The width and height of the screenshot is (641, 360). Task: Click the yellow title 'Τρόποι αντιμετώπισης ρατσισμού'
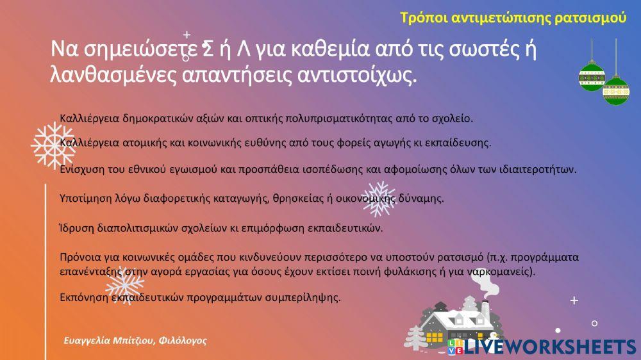(x=512, y=18)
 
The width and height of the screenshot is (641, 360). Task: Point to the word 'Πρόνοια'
(x=78, y=258)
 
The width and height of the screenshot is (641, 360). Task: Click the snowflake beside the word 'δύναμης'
(x=378, y=199)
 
